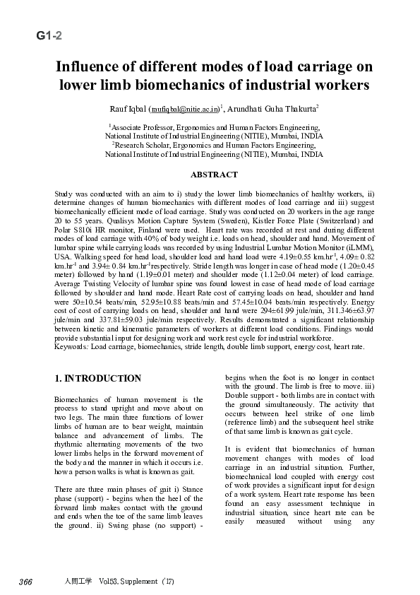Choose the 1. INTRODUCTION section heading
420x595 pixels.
pyautogui.click(x=98, y=379)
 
